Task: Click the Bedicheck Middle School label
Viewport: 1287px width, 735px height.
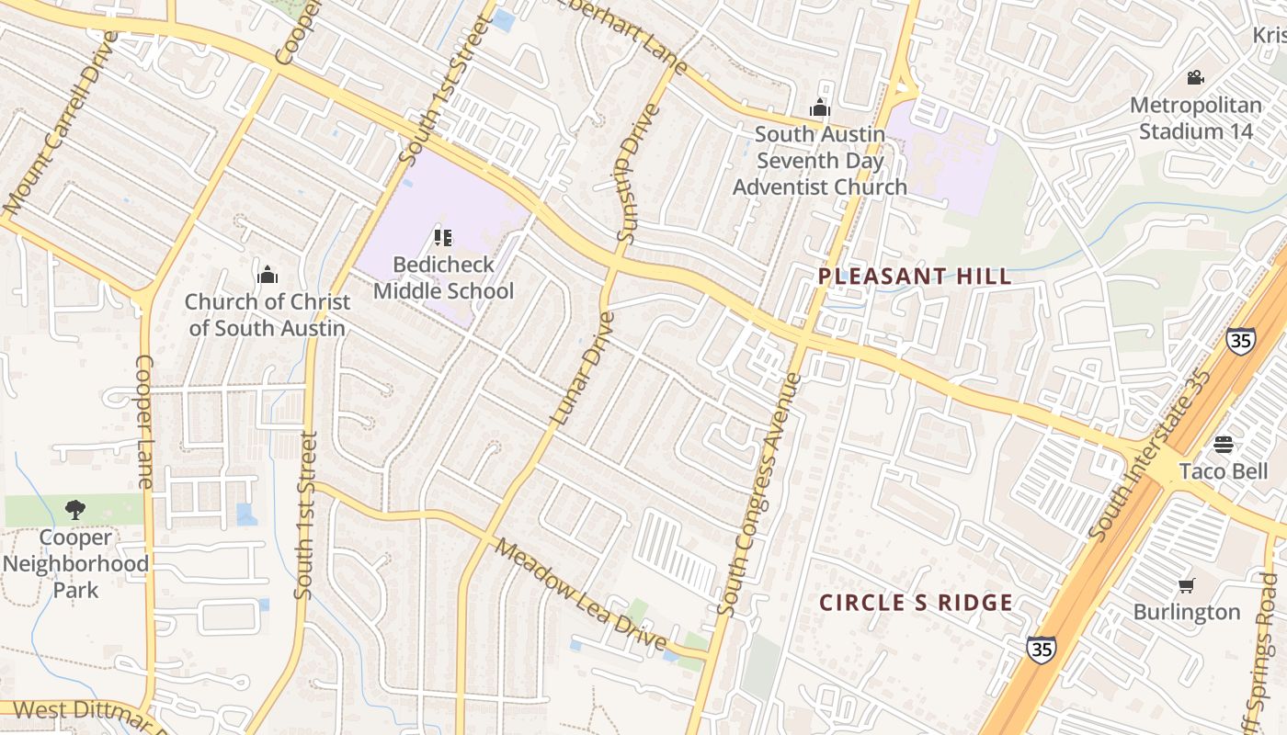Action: (x=443, y=278)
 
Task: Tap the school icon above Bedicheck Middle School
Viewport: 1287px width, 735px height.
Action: (x=443, y=239)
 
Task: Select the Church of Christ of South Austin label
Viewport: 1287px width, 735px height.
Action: (x=268, y=315)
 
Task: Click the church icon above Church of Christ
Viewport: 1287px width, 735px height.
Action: (x=268, y=275)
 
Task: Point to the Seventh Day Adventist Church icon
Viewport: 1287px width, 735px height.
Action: (x=819, y=108)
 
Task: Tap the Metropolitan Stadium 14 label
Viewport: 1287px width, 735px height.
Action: (x=1196, y=119)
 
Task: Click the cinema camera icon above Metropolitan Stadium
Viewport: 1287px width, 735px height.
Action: (x=1195, y=78)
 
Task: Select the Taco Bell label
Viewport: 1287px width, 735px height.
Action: (x=1223, y=471)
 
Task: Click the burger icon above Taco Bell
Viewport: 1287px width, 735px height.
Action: (x=1223, y=445)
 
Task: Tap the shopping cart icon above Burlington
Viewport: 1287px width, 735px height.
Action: (x=1187, y=585)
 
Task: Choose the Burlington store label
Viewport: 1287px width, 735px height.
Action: (x=1187, y=612)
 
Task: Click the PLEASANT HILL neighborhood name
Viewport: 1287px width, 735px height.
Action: (x=915, y=277)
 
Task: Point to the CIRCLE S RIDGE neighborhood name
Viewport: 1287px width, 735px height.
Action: (x=916, y=604)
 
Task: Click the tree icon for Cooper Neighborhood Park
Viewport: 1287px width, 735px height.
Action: (x=75, y=510)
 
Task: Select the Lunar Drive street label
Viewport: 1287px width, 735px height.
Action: (x=582, y=367)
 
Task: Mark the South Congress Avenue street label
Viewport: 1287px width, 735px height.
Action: (x=759, y=494)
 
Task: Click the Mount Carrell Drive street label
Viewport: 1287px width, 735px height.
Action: (x=60, y=124)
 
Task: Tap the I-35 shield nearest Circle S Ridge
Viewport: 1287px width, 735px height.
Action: (x=1041, y=649)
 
